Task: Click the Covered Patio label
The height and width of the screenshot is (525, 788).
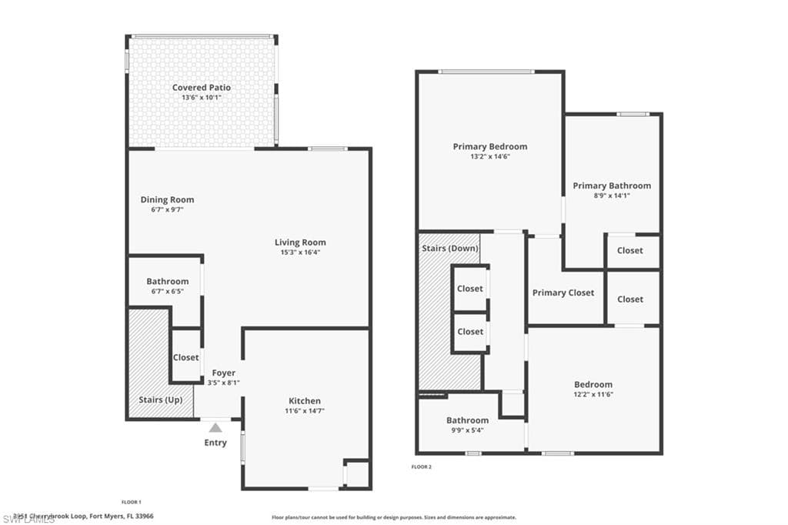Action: [201, 88]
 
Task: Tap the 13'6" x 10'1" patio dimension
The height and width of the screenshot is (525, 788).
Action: [201, 98]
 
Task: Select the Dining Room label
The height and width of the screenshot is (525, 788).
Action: [167, 199]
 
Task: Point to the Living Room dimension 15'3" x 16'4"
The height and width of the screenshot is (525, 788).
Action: [300, 252]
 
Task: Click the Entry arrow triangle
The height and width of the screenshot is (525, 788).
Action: [215, 428]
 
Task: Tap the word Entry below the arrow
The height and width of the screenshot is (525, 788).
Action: [215, 443]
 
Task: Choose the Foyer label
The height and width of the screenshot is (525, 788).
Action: [223, 373]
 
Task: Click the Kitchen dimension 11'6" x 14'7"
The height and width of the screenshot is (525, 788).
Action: [305, 411]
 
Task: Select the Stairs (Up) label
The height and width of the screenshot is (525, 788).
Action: [160, 400]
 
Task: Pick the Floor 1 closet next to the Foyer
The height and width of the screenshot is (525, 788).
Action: [185, 357]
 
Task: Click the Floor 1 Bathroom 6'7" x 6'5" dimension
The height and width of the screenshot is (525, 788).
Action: [167, 292]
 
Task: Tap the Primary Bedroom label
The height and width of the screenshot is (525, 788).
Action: [489, 146]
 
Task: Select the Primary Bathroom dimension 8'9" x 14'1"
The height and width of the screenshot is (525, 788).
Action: [612, 196]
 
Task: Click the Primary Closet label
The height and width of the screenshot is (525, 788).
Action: [563, 293]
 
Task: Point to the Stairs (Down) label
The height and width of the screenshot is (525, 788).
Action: [450, 248]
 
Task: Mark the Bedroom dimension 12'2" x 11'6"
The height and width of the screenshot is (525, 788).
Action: [593, 394]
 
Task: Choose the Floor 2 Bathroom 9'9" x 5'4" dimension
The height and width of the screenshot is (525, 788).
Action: [467, 430]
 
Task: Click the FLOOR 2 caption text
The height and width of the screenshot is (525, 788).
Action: [422, 466]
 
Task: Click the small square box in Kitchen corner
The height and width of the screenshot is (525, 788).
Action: [357, 473]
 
